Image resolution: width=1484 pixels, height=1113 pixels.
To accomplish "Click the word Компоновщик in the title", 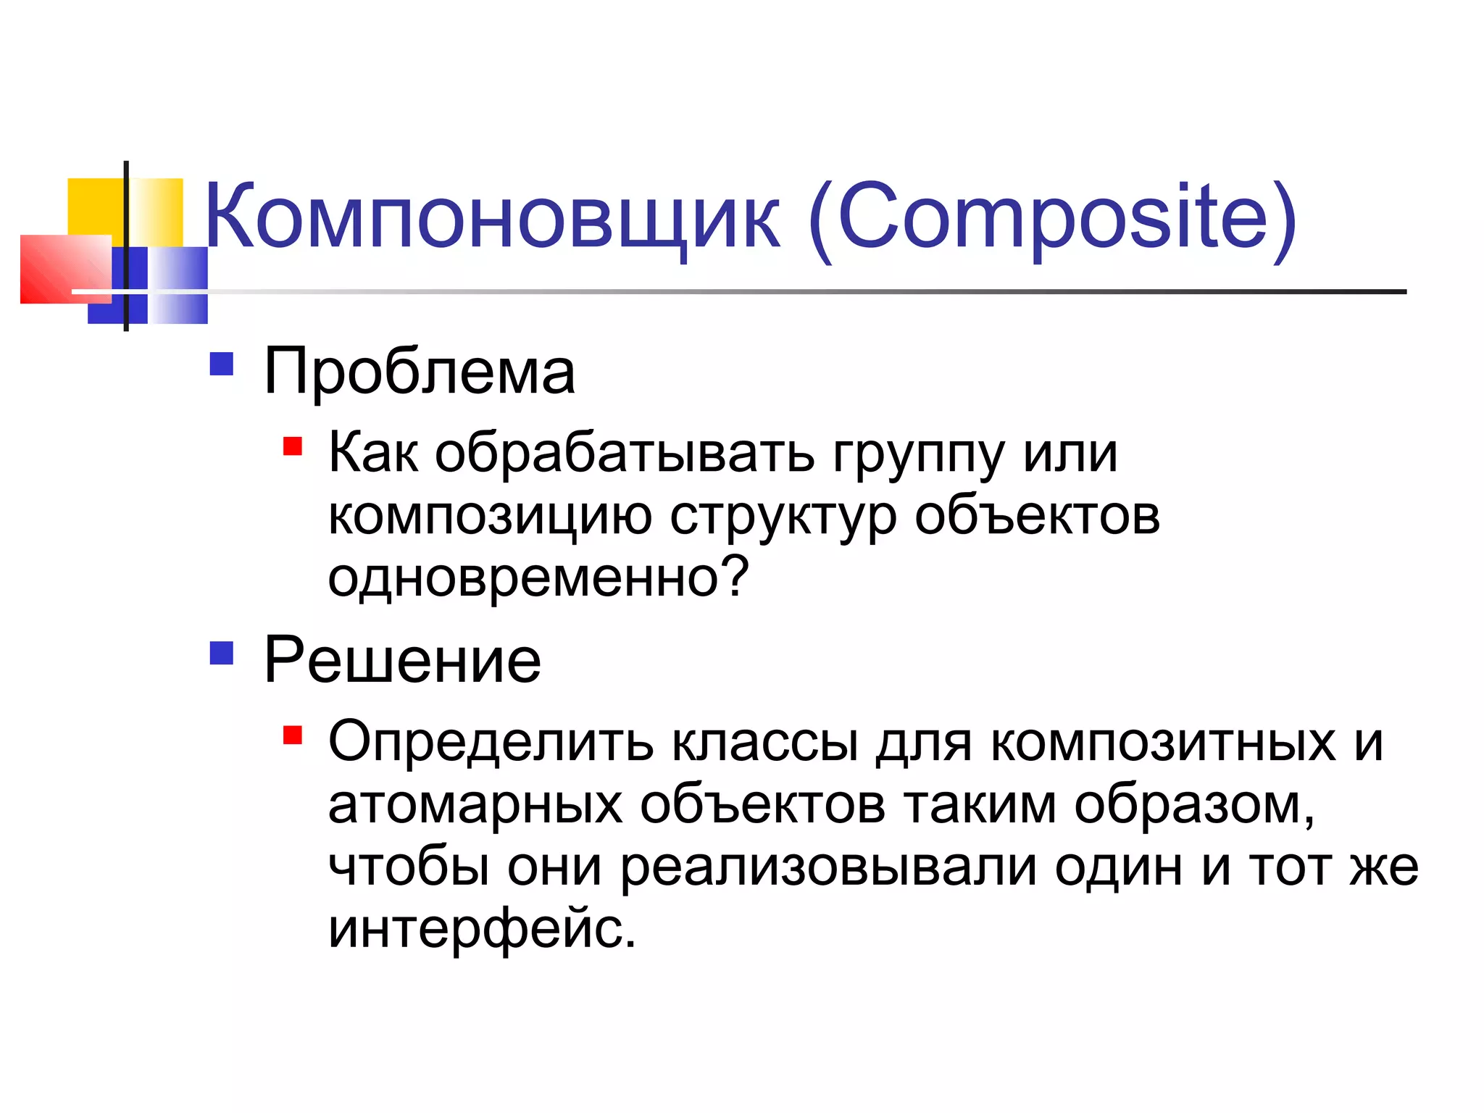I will (x=493, y=217).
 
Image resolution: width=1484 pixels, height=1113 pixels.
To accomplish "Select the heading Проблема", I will (x=420, y=372).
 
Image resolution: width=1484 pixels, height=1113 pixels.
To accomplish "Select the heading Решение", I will (x=402, y=660).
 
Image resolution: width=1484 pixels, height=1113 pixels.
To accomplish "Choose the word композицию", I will (x=490, y=517).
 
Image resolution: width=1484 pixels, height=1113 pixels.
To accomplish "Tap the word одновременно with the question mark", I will (x=538, y=578).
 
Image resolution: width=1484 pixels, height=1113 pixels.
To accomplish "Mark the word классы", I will (x=765, y=743).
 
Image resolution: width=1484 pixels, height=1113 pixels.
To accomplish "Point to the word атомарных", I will (x=475, y=806).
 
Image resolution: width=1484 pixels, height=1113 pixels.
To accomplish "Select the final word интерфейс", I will (x=482, y=930).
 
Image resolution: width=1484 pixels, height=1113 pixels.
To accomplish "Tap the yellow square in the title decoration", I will (x=94, y=207).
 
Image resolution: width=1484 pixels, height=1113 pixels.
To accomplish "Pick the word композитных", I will (x=1163, y=743).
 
